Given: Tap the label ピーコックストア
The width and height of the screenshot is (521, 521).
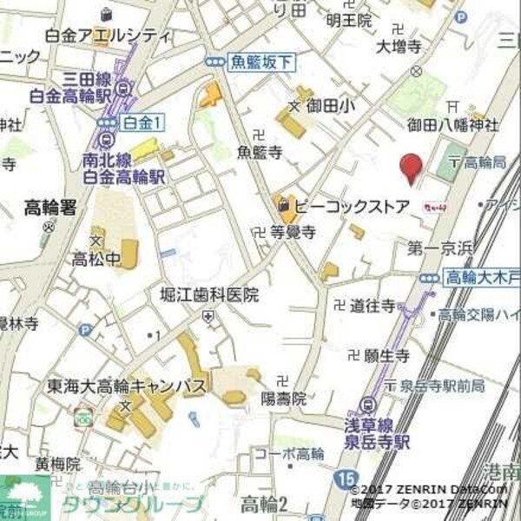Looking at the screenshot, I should click(x=351, y=207).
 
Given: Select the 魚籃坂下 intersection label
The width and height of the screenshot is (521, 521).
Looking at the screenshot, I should click(x=261, y=62).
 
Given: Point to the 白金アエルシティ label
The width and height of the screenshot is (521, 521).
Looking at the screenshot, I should click(x=108, y=36).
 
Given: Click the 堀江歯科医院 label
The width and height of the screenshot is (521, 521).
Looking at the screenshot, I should click(x=209, y=295).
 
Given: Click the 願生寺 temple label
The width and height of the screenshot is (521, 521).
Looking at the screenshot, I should click(x=386, y=355).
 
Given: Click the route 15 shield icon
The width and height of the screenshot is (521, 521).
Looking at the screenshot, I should click(x=347, y=478).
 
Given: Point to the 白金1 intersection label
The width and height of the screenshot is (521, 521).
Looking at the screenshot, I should click(x=142, y=122).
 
